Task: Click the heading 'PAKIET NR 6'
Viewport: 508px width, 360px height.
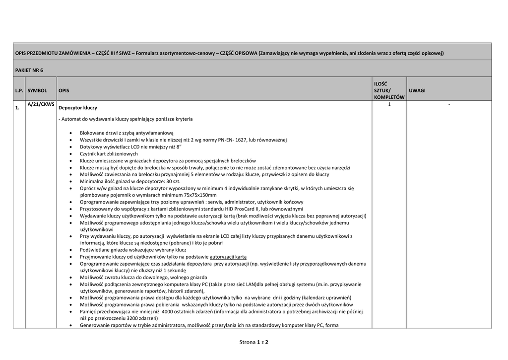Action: tap(29, 70)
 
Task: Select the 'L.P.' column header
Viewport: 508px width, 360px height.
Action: tap(19, 91)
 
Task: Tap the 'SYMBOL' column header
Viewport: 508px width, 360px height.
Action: tap(37, 91)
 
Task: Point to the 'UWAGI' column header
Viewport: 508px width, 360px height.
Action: tap(417, 91)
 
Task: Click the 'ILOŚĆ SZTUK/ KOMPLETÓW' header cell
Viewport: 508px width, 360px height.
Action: tap(389, 91)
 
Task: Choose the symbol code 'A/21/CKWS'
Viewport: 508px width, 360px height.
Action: tap(41, 105)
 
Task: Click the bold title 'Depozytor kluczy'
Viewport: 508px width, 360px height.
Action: tap(78, 108)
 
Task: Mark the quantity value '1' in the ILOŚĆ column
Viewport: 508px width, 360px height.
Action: tap(389, 105)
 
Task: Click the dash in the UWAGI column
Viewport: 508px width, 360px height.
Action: tap(449, 105)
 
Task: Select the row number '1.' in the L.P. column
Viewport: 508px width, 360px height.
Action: tap(17, 108)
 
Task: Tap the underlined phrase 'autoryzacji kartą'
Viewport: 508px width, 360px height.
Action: tap(228, 257)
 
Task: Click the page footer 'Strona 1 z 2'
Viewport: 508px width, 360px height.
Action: tap(254, 342)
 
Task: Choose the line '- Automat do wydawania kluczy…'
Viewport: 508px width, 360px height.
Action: tap(126, 119)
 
